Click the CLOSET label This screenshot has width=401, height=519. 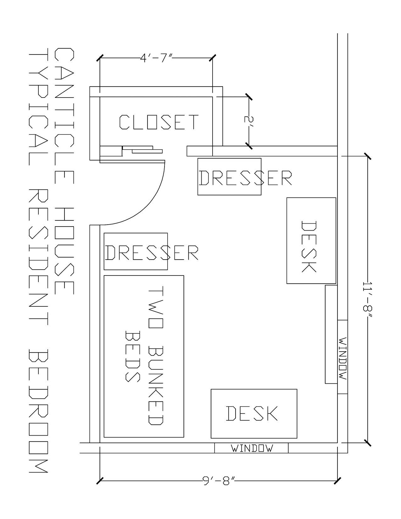pos(159,122)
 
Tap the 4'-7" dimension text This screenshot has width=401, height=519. pos(156,58)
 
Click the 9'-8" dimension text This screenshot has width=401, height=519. pos(219,481)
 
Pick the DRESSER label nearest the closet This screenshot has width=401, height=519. pos(245,178)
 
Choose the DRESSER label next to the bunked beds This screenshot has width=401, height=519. pos(152,253)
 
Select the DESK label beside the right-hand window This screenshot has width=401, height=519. pos(309,247)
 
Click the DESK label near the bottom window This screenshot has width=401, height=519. pos(252,413)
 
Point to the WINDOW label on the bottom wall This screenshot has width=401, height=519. pos(252,448)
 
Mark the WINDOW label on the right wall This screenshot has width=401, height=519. pos(343,358)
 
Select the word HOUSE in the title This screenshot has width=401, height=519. pos(64,251)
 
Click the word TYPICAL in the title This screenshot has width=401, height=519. pos(38,107)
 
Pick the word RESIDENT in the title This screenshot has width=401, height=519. pos(38,258)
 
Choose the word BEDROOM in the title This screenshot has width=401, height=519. pos(38,411)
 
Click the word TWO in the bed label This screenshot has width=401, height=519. pos(156,307)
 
